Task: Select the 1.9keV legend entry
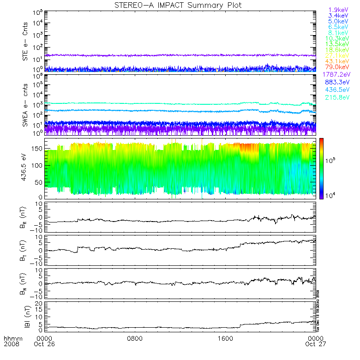point(338,10)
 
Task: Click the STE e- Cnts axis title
point(26,41)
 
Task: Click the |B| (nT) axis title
point(26,316)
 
